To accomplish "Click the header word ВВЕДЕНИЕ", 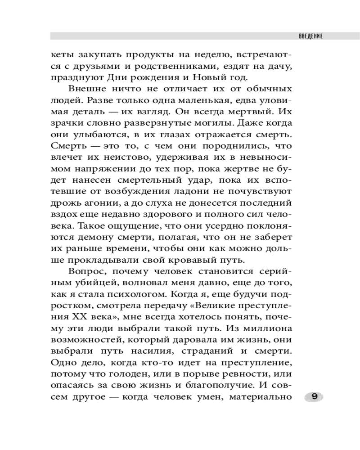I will (x=310, y=36).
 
